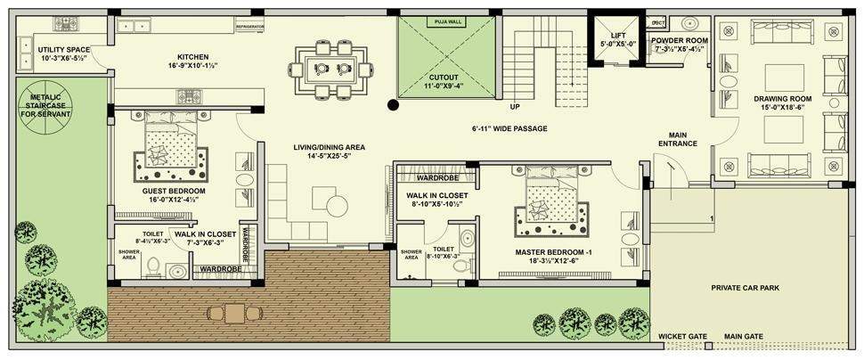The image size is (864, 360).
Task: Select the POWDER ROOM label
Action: pos(679,41)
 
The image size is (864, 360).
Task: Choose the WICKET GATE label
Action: pos(682,336)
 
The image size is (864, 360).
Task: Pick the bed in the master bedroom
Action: pos(549,200)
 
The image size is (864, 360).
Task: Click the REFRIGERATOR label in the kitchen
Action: pos(250,28)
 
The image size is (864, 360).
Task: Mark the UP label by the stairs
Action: pos(515,107)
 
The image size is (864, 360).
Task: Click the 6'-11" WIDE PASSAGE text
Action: pos(509,128)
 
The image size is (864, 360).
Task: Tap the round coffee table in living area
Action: pos(336,206)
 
